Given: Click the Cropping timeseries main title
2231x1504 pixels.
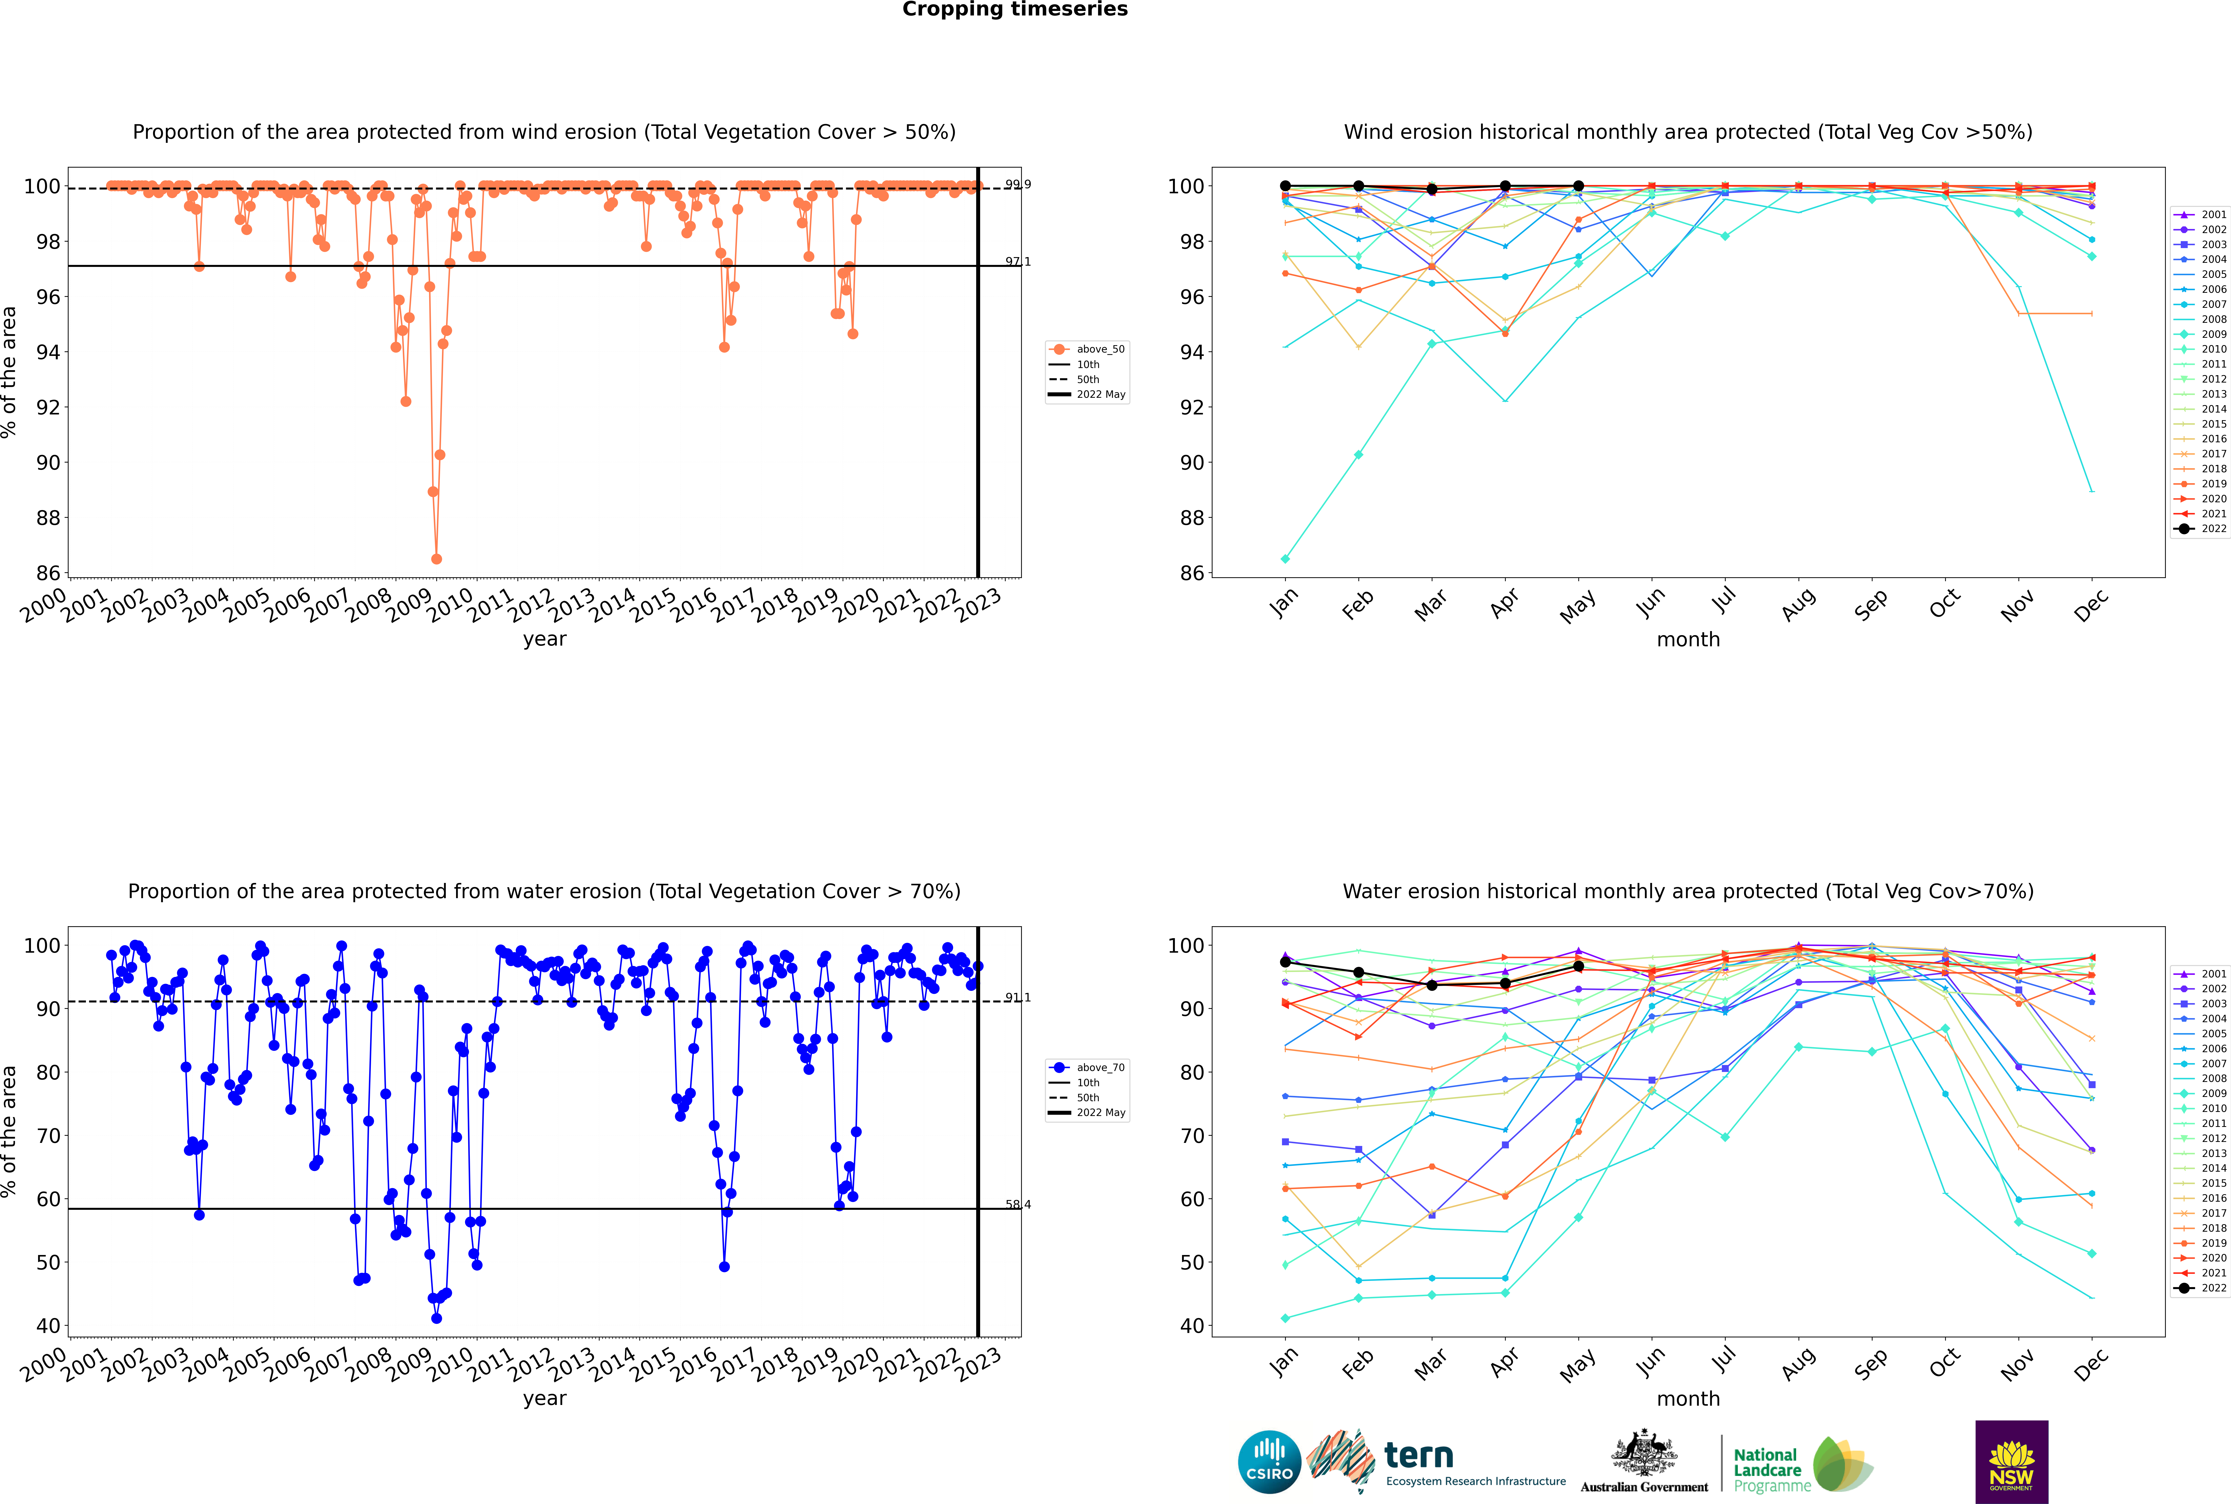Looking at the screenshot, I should [x=1015, y=10].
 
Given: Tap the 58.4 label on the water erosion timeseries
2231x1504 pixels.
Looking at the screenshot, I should [x=1018, y=1205].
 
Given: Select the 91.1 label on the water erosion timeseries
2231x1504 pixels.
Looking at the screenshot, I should [x=1018, y=998].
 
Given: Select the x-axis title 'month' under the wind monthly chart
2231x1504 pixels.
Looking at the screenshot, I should [x=1688, y=640].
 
